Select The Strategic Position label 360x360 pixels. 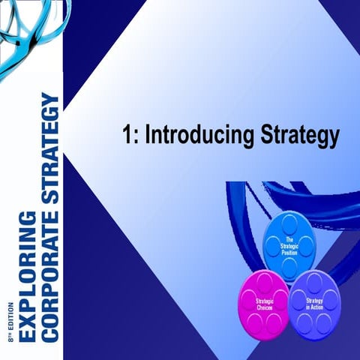point(289,247)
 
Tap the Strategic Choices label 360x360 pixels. point(264,304)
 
